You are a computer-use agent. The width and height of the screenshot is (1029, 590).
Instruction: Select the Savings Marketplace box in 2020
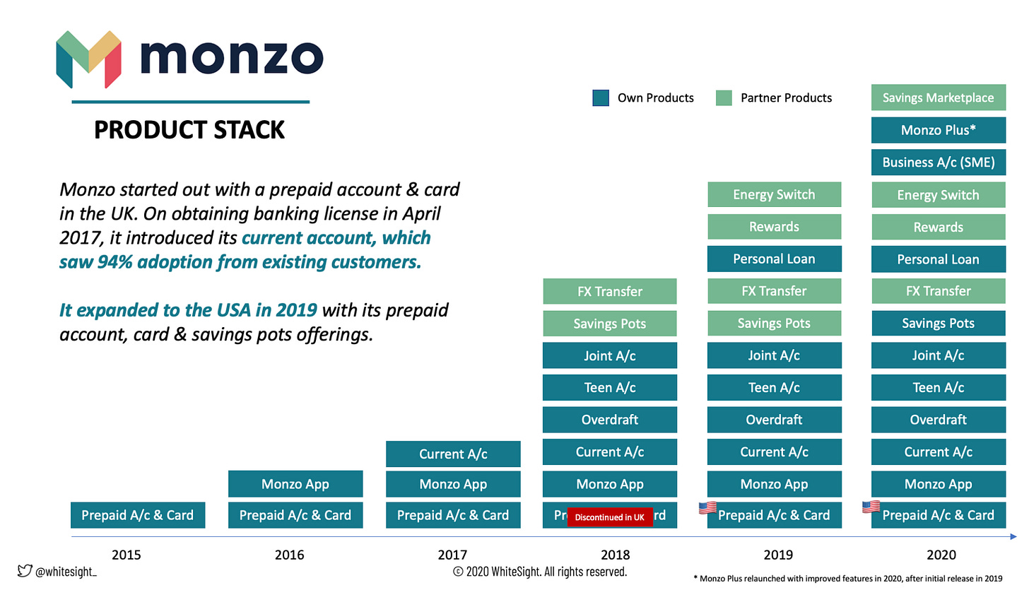[938, 98]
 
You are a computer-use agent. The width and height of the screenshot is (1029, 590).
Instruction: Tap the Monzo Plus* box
[938, 130]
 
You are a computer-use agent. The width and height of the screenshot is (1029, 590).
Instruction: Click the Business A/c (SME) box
[938, 163]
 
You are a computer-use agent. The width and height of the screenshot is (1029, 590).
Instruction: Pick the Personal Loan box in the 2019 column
[774, 259]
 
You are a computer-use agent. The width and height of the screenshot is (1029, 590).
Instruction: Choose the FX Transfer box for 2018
[609, 291]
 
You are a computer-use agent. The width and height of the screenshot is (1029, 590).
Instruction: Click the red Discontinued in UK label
[609, 517]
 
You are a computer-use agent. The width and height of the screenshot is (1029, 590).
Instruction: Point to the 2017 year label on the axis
[452, 555]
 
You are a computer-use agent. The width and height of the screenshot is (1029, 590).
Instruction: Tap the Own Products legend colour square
[601, 98]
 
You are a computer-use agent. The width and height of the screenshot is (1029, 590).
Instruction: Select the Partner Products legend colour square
[724, 98]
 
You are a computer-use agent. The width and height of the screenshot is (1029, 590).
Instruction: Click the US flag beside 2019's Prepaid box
[707, 508]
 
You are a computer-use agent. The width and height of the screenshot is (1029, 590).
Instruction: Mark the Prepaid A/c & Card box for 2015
[137, 515]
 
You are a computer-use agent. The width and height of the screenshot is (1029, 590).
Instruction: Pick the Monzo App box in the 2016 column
[295, 484]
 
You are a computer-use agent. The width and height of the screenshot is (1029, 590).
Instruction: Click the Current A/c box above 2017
[453, 454]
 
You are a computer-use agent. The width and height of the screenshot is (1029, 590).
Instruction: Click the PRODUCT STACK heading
[189, 130]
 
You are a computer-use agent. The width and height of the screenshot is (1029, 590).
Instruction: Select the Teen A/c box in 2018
[609, 387]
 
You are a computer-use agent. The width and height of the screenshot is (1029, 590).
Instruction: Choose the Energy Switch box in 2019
[774, 194]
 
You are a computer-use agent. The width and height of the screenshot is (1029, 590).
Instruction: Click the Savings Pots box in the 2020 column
[938, 323]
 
